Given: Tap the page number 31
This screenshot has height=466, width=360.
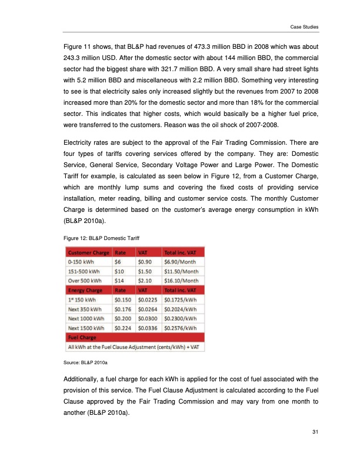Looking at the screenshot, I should (315, 434).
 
